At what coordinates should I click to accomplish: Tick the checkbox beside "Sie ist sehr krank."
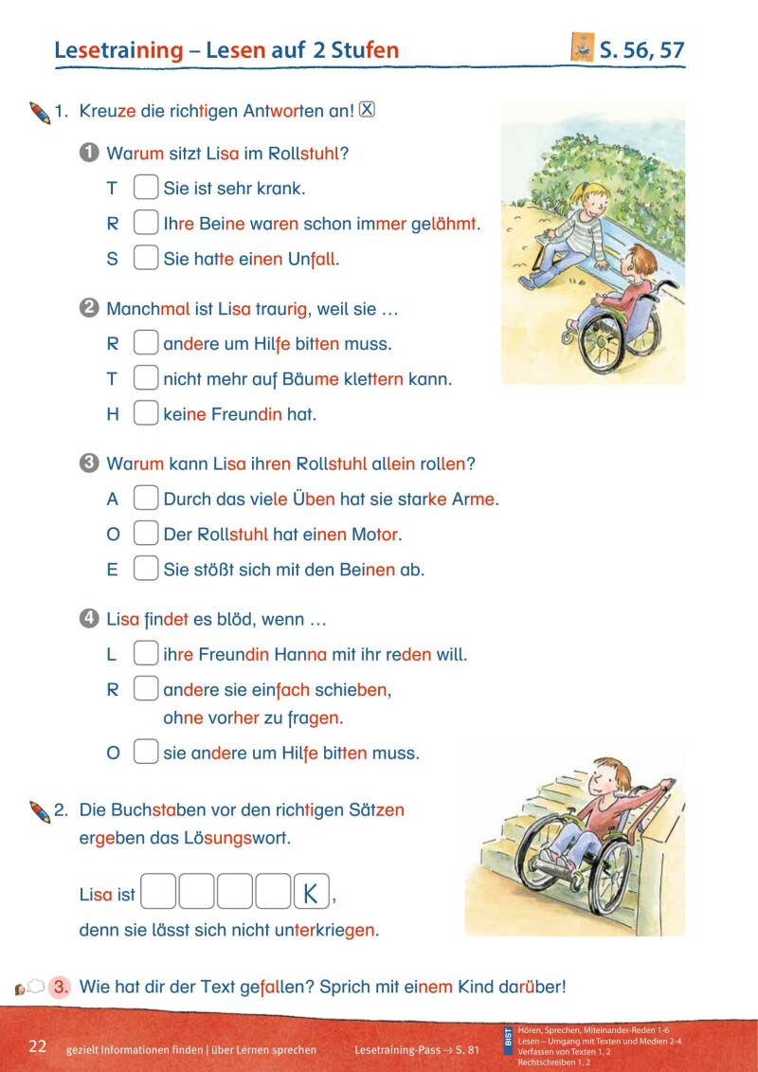tap(145, 188)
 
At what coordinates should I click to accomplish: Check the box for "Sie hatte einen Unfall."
tap(145, 258)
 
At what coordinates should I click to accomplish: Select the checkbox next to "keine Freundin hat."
tap(145, 414)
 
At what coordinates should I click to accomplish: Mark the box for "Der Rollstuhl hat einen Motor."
tap(145, 534)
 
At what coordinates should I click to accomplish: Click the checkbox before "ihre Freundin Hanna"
tap(145, 654)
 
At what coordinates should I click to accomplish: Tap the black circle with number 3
tap(89, 464)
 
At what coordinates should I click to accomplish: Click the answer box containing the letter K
tap(312, 894)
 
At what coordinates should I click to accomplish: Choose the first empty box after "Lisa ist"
tap(159, 894)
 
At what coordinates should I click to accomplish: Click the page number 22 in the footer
tap(37, 1046)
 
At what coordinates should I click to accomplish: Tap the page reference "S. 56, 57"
tap(641, 49)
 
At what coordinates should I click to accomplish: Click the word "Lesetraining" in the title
tap(117, 50)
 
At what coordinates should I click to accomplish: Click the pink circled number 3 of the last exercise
tap(61, 986)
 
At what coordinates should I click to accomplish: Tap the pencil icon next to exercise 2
tap(39, 811)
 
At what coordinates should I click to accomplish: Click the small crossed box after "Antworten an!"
tap(368, 110)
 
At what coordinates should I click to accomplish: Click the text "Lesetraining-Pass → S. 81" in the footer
tap(417, 1050)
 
